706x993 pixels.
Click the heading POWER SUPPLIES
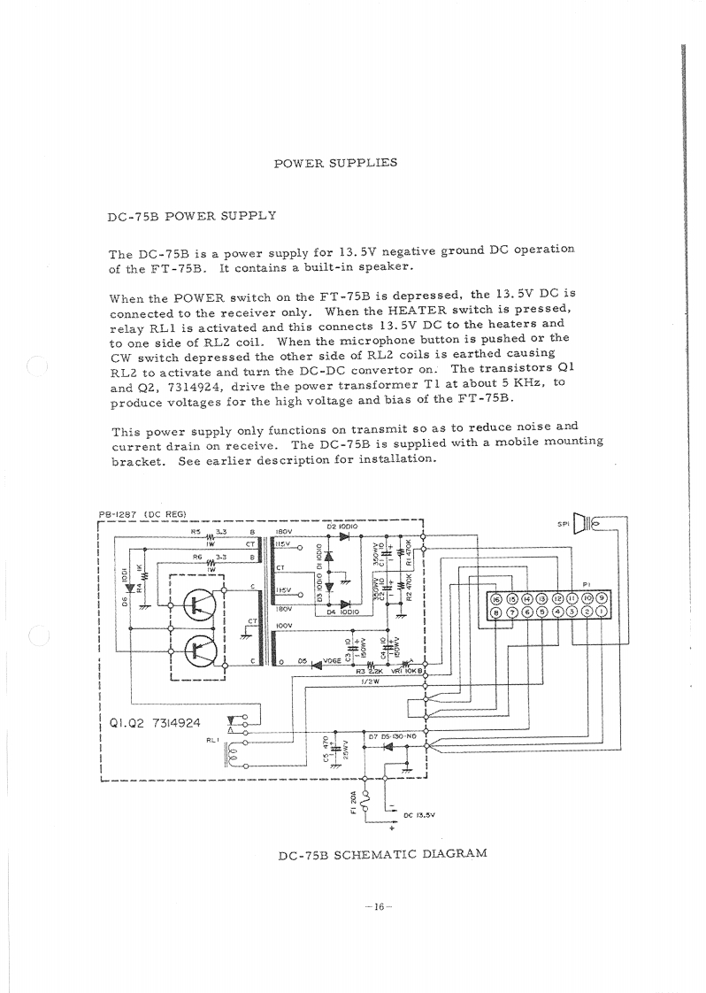[335, 163]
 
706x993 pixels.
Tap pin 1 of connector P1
[601, 612]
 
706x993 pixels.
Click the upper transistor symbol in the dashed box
[197, 605]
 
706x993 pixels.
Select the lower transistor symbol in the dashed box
[197, 651]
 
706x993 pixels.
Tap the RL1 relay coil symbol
[233, 756]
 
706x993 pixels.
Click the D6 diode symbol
[130, 586]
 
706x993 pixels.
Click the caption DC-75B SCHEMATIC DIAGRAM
[382, 854]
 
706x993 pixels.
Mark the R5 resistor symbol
[211, 535]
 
